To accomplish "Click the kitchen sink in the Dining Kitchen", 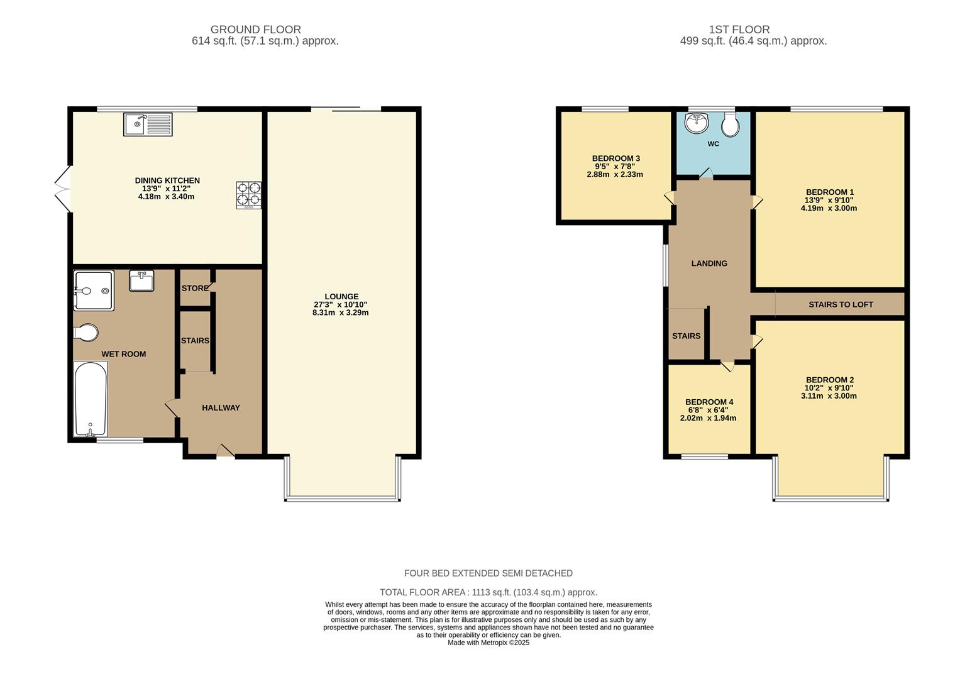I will click(x=148, y=124).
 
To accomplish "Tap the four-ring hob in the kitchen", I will click(x=249, y=195).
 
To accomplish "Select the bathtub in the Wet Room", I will click(x=90, y=399).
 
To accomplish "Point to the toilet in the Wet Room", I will click(x=86, y=332).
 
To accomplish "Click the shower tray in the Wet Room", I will click(x=94, y=290).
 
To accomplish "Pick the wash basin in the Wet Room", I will click(x=141, y=280).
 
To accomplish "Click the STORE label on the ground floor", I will click(x=195, y=288).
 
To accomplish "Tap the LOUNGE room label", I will click(x=341, y=297).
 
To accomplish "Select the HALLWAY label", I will click(x=221, y=407).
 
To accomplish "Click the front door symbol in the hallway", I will click(x=225, y=450).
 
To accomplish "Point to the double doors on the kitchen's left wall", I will click(x=62, y=188).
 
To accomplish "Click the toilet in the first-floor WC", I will click(x=731, y=125).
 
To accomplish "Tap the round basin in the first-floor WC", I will click(x=697, y=124).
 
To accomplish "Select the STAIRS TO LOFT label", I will click(x=841, y=304).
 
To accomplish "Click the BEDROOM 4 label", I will click(x=709, y=402).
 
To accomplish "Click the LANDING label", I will click(x=709, y=263).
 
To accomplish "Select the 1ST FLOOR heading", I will click(x=739, y=30).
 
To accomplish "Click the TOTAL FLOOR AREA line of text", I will click(x=488, y=592).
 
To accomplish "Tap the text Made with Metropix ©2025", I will click(x=488, y=643).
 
